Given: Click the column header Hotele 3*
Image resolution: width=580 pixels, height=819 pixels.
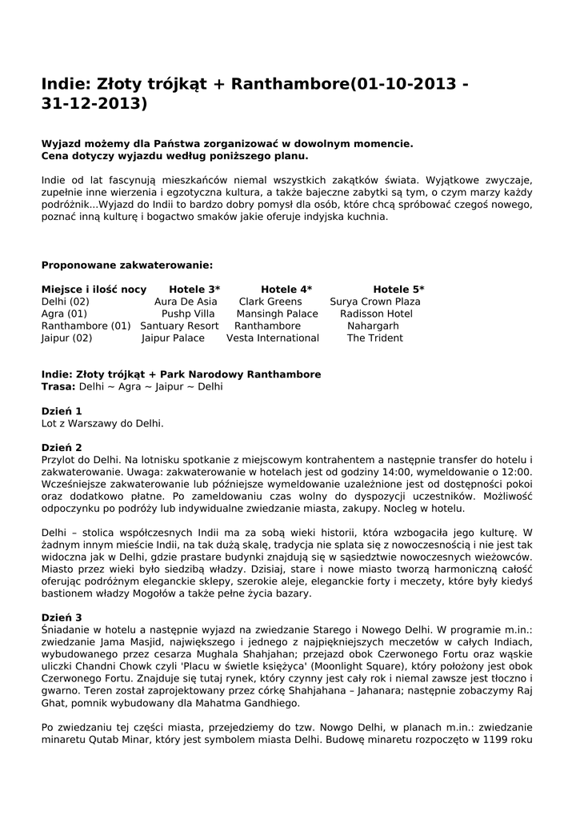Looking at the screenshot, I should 194,290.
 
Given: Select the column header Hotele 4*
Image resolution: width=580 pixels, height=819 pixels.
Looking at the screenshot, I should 286,290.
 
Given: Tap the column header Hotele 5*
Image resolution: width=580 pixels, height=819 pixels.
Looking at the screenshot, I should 398,290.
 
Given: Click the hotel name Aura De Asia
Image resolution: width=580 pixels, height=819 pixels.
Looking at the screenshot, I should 186,302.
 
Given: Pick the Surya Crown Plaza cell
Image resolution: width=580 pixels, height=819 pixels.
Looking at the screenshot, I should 374,302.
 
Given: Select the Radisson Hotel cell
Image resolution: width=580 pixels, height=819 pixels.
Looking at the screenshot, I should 376,314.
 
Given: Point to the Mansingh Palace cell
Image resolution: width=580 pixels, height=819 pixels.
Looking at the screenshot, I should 277,314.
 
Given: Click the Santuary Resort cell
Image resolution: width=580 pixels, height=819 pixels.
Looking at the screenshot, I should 179,326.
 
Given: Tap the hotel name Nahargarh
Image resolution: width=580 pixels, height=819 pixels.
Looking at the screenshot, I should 373,326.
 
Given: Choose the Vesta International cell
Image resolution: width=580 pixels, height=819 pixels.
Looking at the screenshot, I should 273,338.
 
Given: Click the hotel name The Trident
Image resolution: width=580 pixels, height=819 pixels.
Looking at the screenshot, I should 374,338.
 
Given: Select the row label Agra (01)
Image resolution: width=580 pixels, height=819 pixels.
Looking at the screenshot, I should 64,314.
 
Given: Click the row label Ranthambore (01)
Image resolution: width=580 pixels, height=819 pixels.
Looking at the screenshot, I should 86,326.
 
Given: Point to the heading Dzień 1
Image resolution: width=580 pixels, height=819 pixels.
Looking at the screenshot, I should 62,411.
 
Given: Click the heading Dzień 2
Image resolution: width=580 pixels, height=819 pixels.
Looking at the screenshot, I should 62,447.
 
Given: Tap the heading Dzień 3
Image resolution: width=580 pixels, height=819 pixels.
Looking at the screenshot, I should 62,617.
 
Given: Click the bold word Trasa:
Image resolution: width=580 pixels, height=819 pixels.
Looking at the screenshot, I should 58,386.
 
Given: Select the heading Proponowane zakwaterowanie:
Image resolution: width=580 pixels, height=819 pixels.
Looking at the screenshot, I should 127,265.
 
